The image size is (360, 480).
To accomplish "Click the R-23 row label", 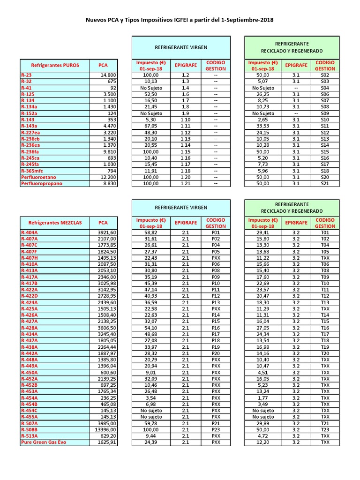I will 26,75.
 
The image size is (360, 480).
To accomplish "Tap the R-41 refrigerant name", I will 26,88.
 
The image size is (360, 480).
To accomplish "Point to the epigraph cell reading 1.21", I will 185,183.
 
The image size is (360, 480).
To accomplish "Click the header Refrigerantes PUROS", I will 55,65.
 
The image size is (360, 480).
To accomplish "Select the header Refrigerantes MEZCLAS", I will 55,223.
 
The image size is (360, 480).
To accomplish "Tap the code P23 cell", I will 216,429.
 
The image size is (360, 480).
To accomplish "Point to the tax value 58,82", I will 151,232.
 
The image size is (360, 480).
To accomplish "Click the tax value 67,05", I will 151,126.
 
